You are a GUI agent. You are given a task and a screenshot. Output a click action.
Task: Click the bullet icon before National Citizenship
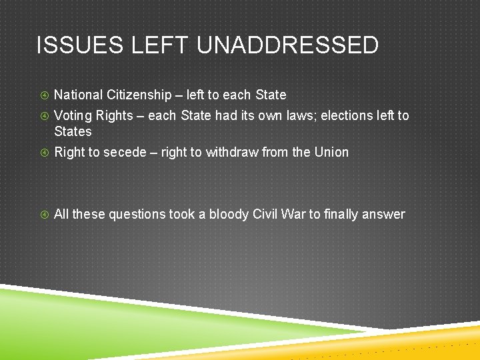43,95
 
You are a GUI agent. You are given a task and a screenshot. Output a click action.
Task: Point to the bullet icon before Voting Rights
43,116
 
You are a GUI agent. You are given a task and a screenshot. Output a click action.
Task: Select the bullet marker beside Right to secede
43,153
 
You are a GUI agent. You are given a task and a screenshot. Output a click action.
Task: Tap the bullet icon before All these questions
43,215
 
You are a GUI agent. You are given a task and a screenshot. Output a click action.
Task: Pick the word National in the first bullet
78,95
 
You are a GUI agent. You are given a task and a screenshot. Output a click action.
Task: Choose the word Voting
73,116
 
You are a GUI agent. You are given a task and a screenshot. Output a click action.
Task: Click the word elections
346,116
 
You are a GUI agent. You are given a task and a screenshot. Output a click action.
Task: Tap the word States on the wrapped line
73,131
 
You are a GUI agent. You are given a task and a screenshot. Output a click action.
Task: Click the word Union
331,153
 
